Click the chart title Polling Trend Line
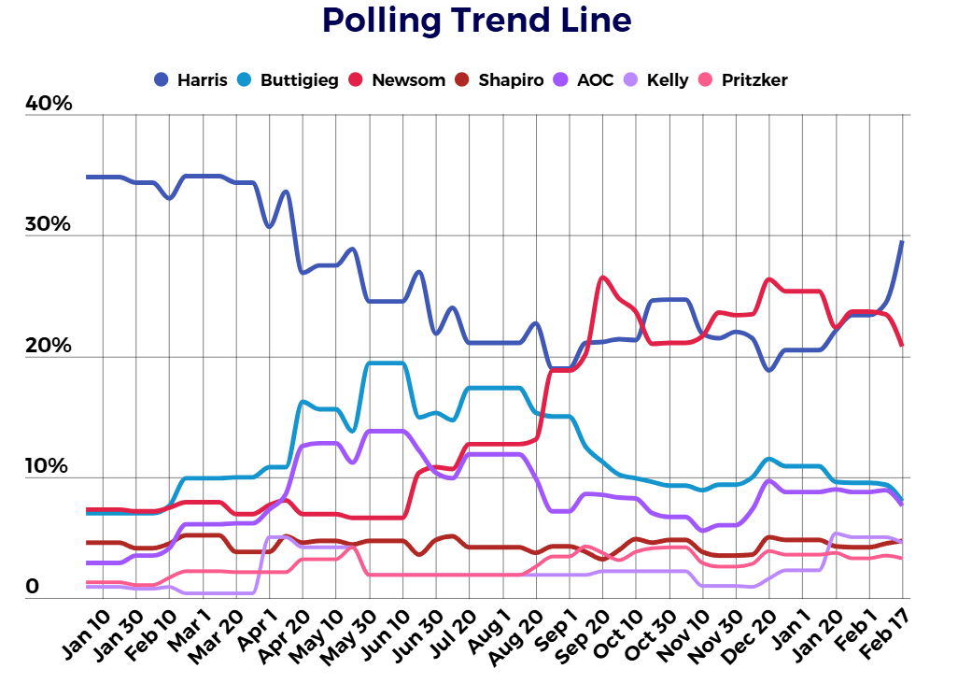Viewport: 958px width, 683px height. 476,21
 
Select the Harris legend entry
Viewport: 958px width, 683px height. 190,80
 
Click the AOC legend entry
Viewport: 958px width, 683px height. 585,80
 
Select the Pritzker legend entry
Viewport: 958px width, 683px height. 744,80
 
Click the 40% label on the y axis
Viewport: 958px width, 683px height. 49,104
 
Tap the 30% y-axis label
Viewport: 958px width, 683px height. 49,225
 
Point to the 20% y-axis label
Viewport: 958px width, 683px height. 49,347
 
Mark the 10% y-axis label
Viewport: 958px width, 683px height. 49,467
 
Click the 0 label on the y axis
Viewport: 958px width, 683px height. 33,587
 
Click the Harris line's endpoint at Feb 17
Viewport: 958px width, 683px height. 902,242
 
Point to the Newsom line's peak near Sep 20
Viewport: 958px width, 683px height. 603,277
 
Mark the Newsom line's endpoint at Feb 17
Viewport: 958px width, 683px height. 902,345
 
